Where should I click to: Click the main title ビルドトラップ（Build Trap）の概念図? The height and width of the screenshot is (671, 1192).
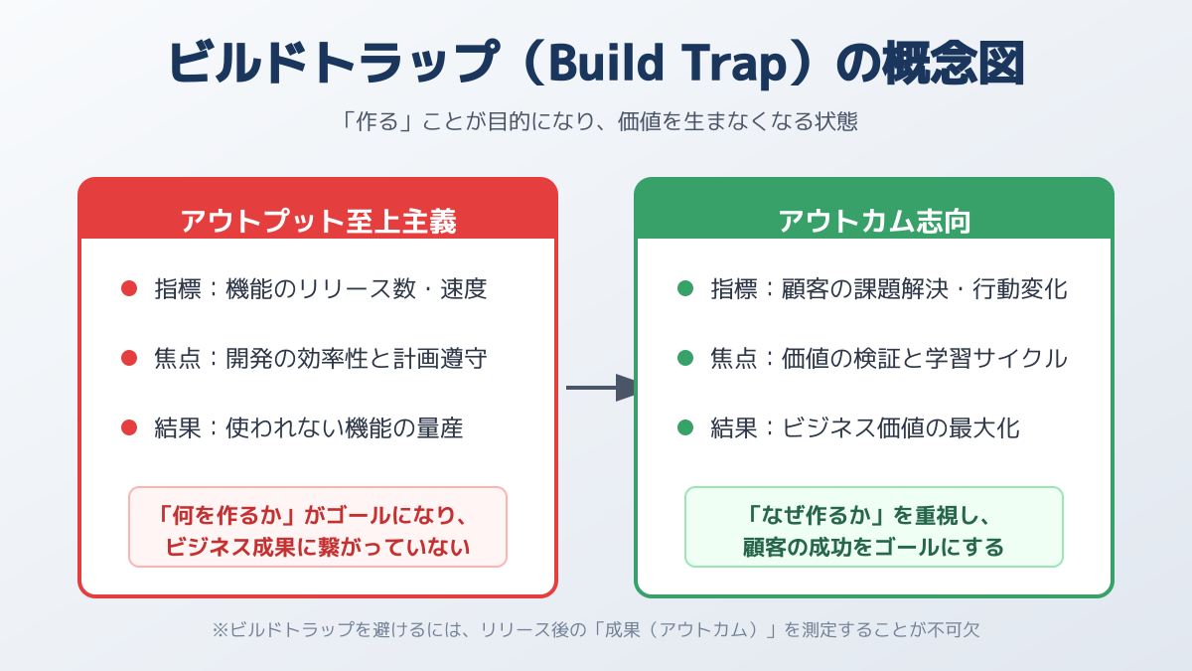click(x=596, y=65)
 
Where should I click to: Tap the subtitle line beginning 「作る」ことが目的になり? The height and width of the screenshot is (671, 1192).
click(x=596, y=122)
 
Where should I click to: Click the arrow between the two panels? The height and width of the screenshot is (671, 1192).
click(x=602, y=388)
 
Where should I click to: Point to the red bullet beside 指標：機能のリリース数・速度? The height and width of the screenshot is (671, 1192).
click(x=129, y=289)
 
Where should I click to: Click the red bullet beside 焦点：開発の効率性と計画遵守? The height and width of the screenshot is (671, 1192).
click(x=129, y=358)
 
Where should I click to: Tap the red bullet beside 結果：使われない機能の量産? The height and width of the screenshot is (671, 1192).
click(x=129, y=427)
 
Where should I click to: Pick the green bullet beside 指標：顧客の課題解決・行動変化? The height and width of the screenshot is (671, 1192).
click(x=685, y=289)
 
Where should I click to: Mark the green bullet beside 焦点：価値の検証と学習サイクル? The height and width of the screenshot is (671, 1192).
click(x=685, y=358)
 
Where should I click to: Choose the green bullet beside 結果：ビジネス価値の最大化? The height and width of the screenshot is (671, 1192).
click(x=685, y=427)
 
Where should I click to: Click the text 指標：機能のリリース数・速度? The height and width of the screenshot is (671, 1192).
click(x=321, y=289)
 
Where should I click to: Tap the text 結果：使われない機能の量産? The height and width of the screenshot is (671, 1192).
click(x=309, y=427)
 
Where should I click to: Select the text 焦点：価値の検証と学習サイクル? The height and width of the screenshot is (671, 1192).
click(x=889, y=358)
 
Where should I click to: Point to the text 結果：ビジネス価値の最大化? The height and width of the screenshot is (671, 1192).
click(x=865, y=427)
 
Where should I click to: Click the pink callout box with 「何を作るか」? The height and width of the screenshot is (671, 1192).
click(x=318, y=527)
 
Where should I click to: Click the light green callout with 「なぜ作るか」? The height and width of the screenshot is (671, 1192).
click(x=874, y=527)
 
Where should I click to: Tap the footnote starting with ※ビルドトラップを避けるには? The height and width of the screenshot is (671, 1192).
click(x=596, y=629)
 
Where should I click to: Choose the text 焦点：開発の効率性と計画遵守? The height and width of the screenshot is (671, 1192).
click(x=321, y=358)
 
